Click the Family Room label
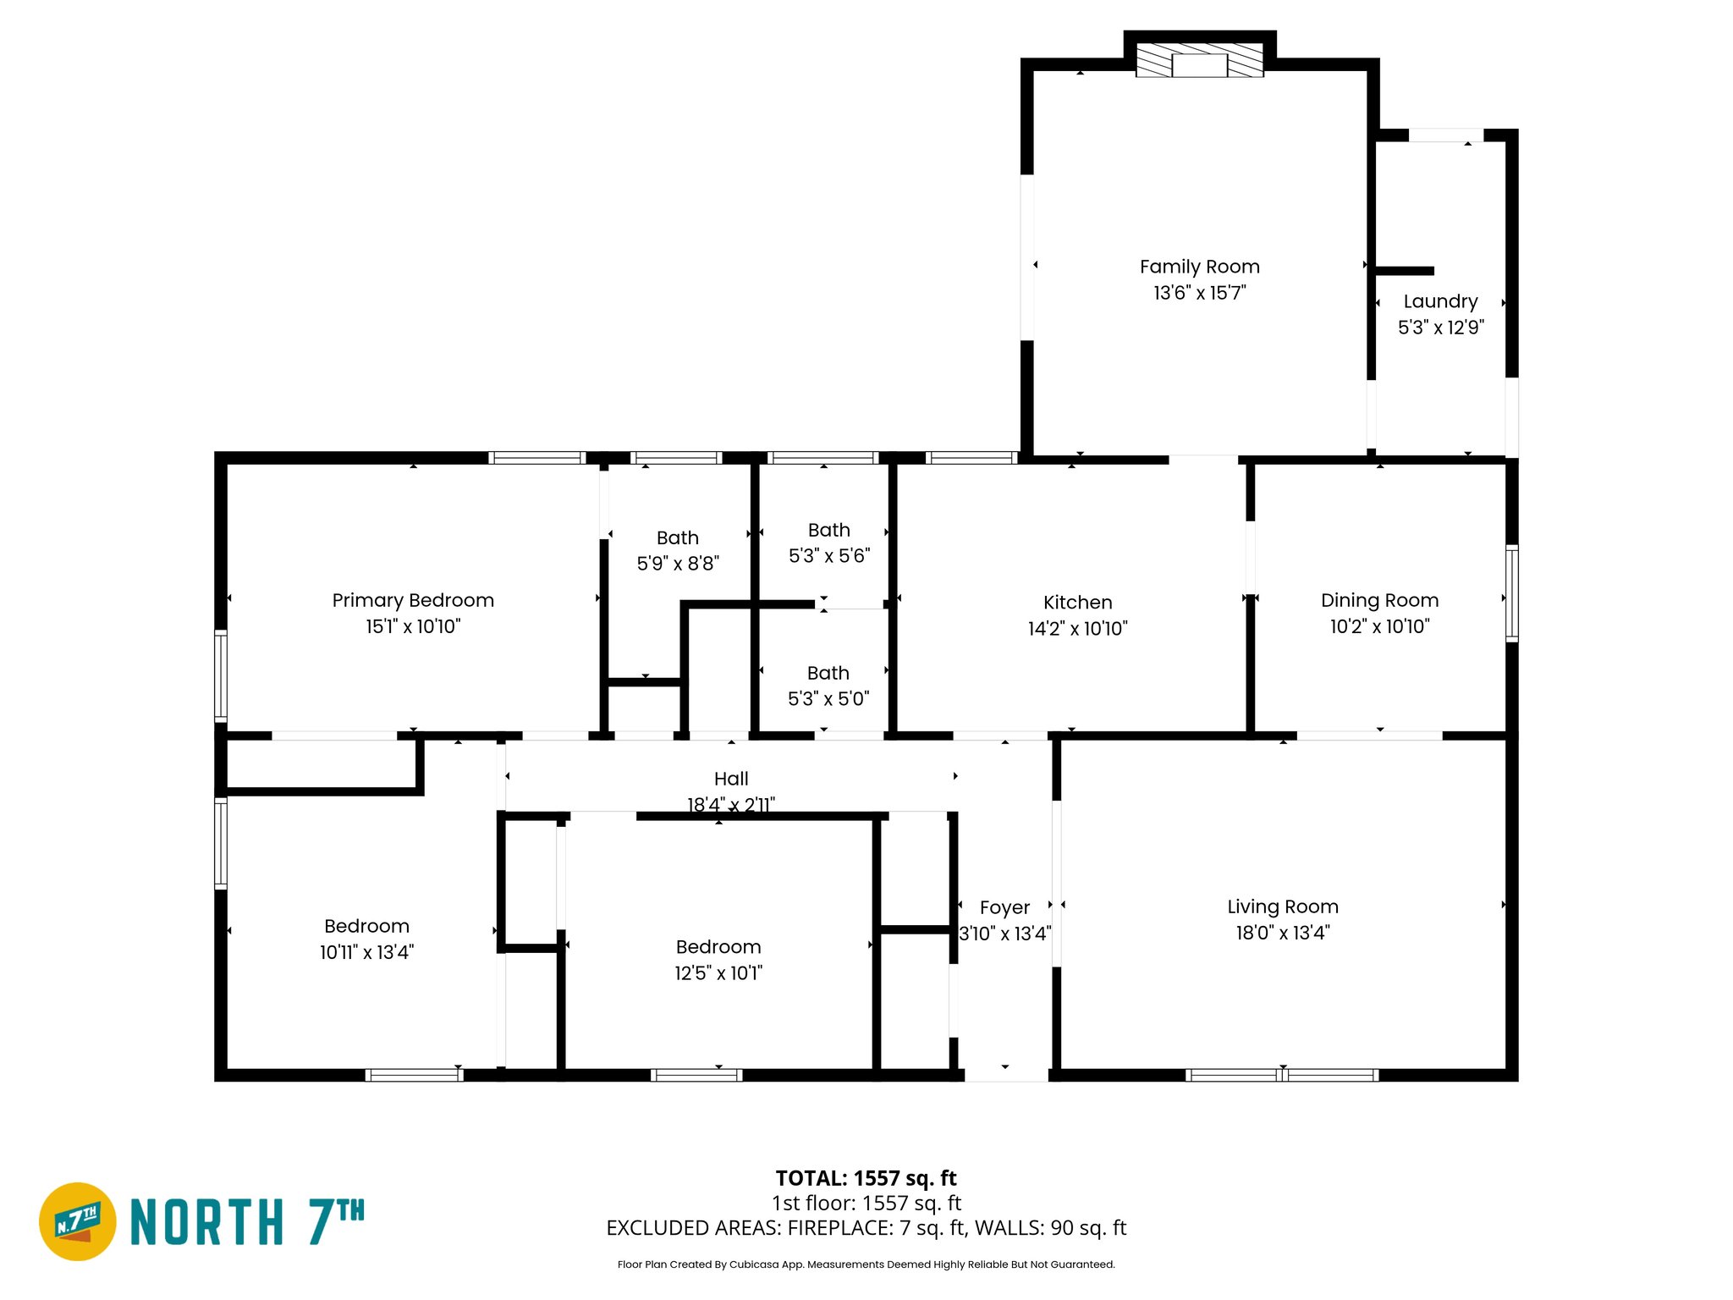(x=1199, y=267)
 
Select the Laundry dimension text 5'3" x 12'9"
(x=1440, y=328)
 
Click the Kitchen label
(x=1077, y=603)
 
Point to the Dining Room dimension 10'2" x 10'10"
(x=1379, y=626)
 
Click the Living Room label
(x=1282, y=906)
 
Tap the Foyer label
(x=1004, y=907)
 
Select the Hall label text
(x=731, y=779)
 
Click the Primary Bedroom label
(x=413, y=600)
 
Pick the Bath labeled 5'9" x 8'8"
(x=677, y=538)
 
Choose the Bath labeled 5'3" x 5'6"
(x=828, y=531)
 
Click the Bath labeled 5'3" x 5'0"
(x=828, y=674)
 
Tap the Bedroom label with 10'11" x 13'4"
(x=366, y=926)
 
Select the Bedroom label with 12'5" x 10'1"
(x=718, y=947)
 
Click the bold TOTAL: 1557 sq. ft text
(x=866, y=1178)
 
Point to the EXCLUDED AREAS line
(x=866, y=1228)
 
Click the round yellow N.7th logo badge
(x=78, y=1221)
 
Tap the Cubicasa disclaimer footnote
(x=866, y=1264)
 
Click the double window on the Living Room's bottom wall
(x=1282, y=1075)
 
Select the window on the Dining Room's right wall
(x=1511, y=593)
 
